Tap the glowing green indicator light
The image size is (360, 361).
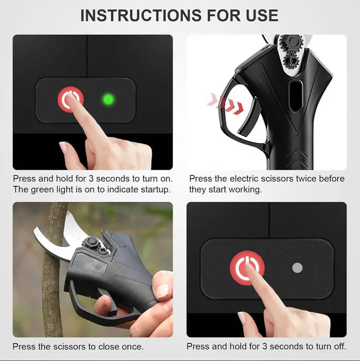108,99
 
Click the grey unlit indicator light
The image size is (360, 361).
297,268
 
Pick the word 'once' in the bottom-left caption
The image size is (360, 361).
132,346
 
